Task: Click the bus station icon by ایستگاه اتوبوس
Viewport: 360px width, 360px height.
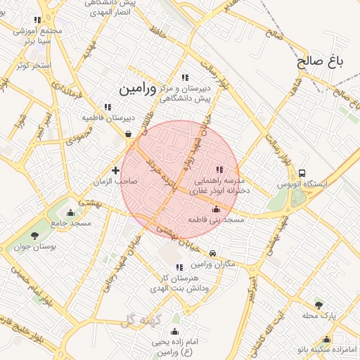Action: (x=302, y=173)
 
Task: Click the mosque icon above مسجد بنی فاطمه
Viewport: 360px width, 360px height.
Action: (x=216, y=210)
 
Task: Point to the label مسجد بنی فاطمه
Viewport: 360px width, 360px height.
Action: (x=216, y=220)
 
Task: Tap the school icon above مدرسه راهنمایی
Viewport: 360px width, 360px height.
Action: (x=219, y=169)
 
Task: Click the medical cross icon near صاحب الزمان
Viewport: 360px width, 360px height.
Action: (x=116, y=169)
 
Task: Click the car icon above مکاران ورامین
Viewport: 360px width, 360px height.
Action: (x=212, y=253)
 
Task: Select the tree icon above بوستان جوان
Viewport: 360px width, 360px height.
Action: (x=35, y=235)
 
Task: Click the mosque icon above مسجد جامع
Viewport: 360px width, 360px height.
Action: (x=70, y=212)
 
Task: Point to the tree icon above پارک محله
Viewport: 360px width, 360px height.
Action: (x=319, y=305)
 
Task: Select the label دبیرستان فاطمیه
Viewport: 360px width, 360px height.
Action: (x=106, y=118)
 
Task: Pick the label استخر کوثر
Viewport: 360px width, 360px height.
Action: (x=33, y=65)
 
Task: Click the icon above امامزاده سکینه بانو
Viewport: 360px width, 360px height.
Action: (x=327, y=340)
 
